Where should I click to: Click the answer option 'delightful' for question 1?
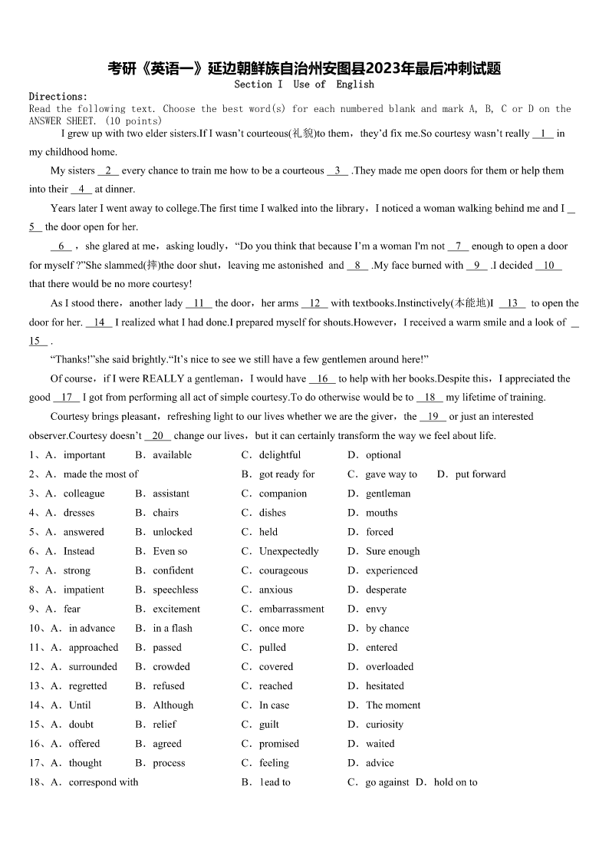tap(279, 455)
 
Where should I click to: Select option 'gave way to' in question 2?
tap(390, 474)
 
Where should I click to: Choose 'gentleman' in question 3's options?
tap(387, 494)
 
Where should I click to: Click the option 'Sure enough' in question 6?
tap(393, 551)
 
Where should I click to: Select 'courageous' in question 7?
tap(283, 570)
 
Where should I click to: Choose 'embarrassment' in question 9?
tap(291, 609)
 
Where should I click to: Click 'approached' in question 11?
tap(94, 647)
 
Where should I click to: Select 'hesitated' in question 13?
tap(384, 685)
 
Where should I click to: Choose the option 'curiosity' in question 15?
tap(384, 724)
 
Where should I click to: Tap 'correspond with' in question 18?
tap(104, 782)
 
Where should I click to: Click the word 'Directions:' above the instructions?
tap(58, 97)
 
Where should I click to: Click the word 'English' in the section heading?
tap(355, 84)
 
